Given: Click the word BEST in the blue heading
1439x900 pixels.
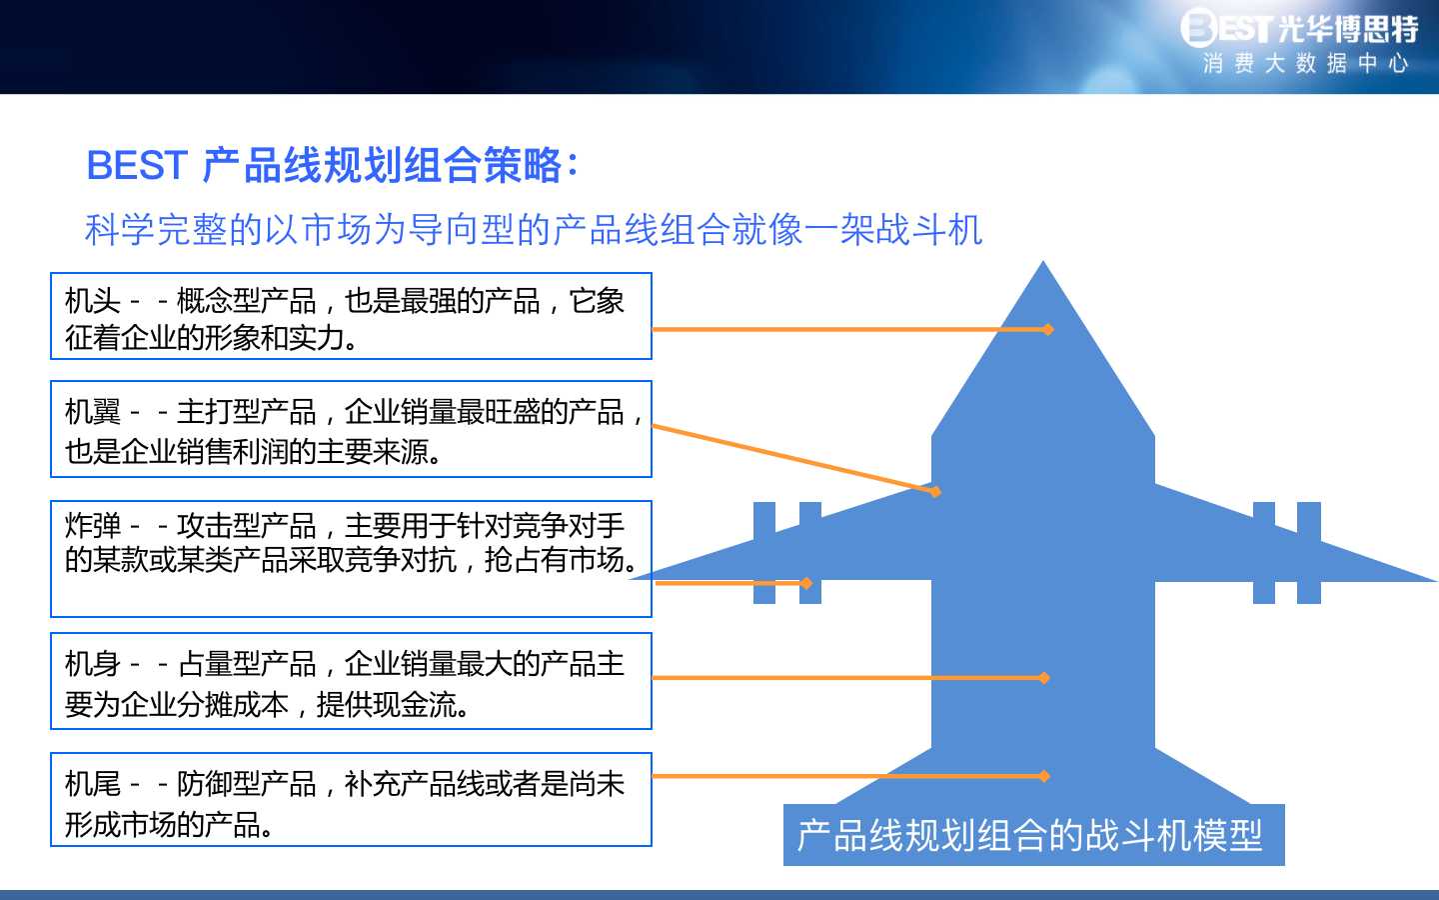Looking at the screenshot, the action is [137, 165].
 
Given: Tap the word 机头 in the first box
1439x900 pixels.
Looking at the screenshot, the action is [93, 301].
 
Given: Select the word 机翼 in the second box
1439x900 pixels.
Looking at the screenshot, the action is [93, 411].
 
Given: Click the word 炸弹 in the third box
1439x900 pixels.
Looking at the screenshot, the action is [93, 525].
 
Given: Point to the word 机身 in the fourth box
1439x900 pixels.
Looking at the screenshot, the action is [93, 663].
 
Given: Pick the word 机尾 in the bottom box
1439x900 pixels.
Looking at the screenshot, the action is [93, 784].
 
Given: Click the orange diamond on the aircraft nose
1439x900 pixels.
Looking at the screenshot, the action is [1047, 329].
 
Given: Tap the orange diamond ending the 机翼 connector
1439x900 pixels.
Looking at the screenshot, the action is [935, 492].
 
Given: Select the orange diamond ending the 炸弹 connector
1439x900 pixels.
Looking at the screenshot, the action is [806, 583].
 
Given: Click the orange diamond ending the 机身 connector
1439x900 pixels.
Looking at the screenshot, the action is [1044, 678].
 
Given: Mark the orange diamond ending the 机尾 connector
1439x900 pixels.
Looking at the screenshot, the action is [1044, 776].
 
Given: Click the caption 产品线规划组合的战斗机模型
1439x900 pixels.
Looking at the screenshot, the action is [1029, 835].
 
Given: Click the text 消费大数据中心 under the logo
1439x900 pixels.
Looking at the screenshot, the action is [1305, 64].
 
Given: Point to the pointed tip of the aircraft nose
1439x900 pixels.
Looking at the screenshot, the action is [1042, 262].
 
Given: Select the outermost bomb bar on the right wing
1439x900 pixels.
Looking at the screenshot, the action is [1309, 553].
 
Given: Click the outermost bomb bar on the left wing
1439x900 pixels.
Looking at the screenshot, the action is [763, 553].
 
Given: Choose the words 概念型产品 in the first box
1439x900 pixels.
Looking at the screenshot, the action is [246, 301].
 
